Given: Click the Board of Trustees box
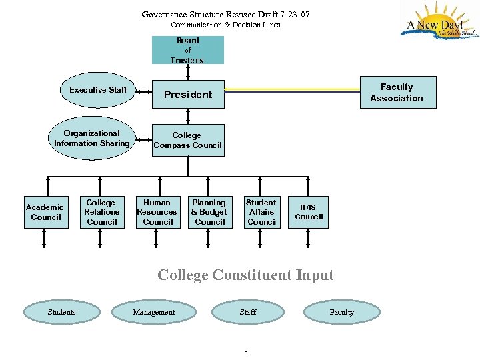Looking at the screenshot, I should [x=187, y=50].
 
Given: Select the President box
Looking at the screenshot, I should [x=188, y=94].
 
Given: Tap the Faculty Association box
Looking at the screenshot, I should [x=396, y=93].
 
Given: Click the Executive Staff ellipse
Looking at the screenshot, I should [x=98, y=90].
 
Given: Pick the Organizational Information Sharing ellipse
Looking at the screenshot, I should [x=92, y=139].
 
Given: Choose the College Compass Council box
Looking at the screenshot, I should [x=187, y=140].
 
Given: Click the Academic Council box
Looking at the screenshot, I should [x=46, y=212].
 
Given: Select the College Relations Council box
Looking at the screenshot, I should [x=101, y=212].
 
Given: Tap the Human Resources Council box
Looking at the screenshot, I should [x=157, y=212].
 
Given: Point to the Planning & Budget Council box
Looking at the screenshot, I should [x=209, y=212].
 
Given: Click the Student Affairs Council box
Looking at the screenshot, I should [x=261, y=212].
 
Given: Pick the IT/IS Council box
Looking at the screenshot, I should [x=309, y=212].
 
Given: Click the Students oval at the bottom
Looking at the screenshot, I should [x=62, y=312].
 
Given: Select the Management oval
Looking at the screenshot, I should [x=154, y=312].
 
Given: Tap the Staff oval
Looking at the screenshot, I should [x=248, y=312].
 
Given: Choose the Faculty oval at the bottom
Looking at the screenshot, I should [x=342, y=312].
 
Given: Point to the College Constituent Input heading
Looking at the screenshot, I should [x=245, y=275].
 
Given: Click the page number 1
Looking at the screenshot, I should [x=246, y=353].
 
